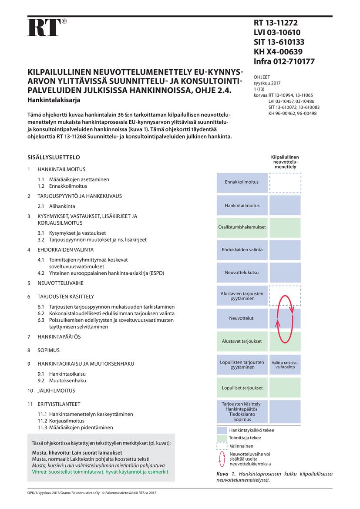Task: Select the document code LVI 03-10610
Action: [x=277, y=33]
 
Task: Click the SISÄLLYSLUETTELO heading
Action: [x=54, y=157]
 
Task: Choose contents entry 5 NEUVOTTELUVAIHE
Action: [x=59, y=283]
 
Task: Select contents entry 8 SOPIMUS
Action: [x=48, y=350]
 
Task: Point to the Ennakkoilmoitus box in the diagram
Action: [x=242, y=182]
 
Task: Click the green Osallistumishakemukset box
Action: [x=242, y=227]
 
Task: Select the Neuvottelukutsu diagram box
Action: [x=242, y=273]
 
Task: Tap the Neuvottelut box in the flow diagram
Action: [x=242, y=318]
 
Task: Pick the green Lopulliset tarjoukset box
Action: [x=242, y=388]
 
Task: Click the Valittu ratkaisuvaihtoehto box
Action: [x=285, y=365]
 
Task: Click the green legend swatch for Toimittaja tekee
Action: [x=222, y=438]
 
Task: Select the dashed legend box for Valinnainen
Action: [x=222, y=446]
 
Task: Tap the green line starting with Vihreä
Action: [x=100, y=472]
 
